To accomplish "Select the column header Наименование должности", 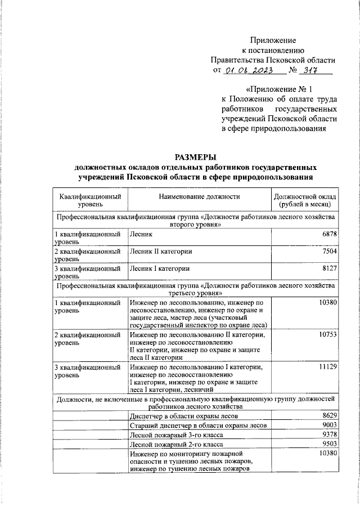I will pyautogui.click(x=199, y=196).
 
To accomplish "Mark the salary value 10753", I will pyautogui.click(x=326, y=334).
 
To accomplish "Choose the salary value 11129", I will pyautogui.click(x=326, y=367).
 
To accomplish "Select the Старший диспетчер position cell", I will pyautogui.click(x=193, y=426).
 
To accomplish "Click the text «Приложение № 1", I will pyautogui.click(x=279, y=89).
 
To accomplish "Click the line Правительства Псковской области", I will pyautogui.click(x=273, y=60).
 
